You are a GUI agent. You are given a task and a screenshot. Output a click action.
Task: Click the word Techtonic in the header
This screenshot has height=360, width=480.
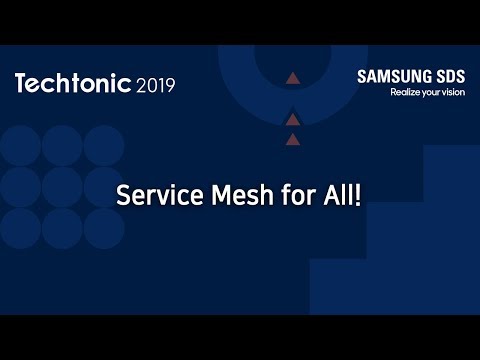click(x=73, y=84)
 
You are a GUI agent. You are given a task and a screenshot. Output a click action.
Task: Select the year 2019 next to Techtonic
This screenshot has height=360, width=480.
click(x=155, y=85)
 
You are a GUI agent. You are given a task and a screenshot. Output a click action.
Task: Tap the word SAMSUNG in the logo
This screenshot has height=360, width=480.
click(x=393, y=77)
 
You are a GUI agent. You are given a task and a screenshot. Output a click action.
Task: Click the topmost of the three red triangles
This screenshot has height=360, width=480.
click(x=292, y=77)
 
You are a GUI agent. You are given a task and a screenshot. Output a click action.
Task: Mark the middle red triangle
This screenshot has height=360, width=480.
click(x=292, y=120)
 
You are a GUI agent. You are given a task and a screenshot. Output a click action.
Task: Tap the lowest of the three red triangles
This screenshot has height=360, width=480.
click(x=292, y=140)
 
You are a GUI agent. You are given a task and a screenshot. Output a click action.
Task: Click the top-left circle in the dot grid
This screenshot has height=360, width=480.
click(x=20, y=145)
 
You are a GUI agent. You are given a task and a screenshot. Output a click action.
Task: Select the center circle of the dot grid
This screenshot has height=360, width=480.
click(x=62, y=187)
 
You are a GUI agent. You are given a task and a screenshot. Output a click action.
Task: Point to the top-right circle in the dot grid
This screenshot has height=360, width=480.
click(x=104, y=145)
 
